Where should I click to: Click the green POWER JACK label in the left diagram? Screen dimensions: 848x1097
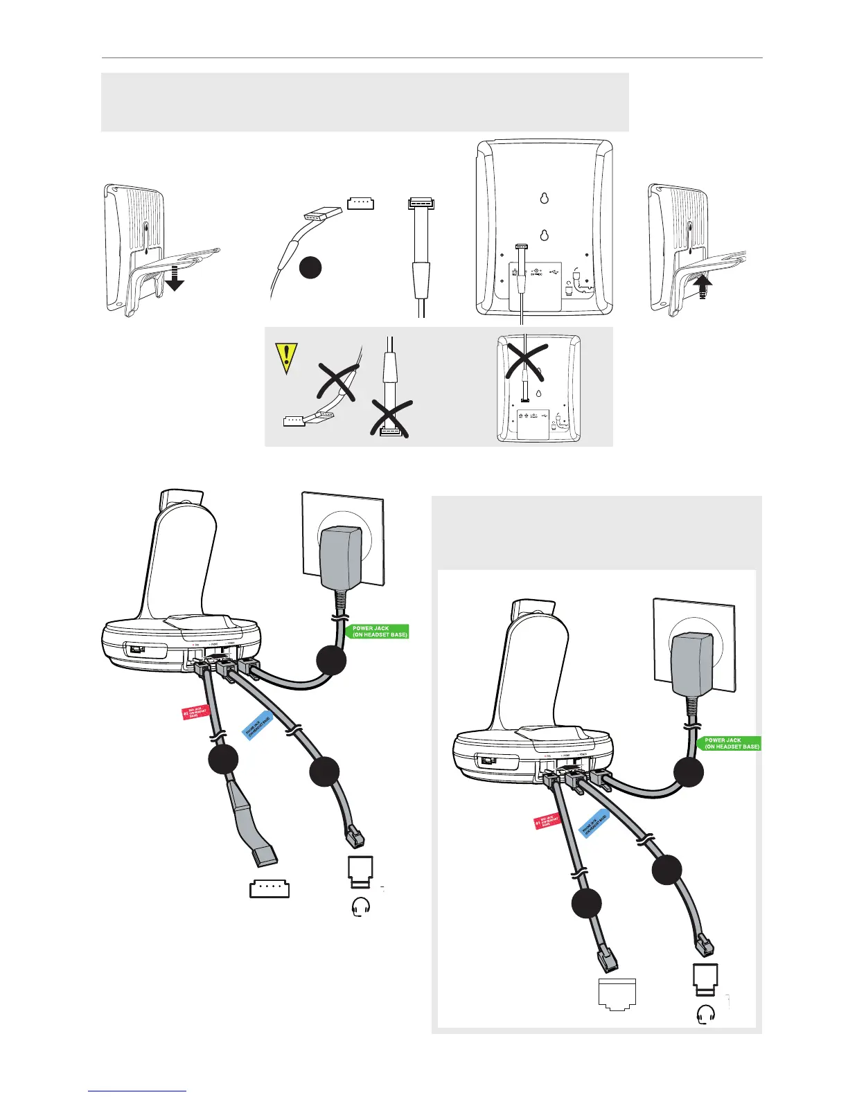[378, 632]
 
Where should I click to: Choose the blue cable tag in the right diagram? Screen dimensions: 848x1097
[594, 823]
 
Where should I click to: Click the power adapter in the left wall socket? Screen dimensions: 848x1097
[342, 554]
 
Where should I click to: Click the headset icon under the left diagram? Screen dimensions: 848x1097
[361, 907]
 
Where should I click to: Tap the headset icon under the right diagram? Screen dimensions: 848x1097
[705, 1015]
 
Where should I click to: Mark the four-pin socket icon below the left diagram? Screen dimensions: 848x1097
[270, 889]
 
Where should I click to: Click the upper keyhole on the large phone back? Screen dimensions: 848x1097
[544, 198]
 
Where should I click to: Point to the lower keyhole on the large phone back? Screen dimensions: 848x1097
[544, 234]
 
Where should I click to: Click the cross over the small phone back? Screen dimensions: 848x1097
[526, 360]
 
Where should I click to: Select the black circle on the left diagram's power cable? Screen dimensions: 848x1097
[331, 660]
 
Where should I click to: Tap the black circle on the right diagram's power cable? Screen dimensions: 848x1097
[689, 772]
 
